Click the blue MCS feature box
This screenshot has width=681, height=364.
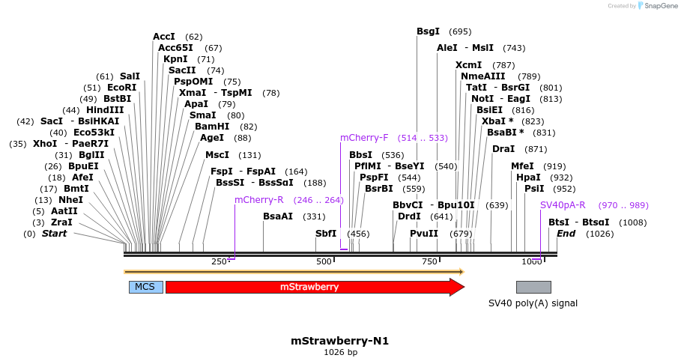(x=145, y=287)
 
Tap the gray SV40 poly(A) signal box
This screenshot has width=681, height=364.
(x=533, y=287)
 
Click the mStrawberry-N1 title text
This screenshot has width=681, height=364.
(x=340, y=341)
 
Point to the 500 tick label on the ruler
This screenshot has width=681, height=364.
(x=324, y=261)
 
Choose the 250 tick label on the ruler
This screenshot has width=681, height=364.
(x=219, y=261)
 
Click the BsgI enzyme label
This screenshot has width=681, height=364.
(x=429, y=31)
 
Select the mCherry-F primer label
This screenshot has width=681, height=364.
(x=364, y=138)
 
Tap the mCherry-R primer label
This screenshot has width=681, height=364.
(x=258, y=200)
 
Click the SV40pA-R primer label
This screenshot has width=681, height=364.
(x=563, y=204)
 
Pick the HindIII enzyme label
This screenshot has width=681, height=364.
(x=105, y=110)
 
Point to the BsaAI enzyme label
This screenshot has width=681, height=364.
(x=278, y=216)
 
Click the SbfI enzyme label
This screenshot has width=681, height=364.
(x=326, y=234)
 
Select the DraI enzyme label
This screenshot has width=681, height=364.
(x=503, y=149)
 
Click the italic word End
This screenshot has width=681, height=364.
(x=566, y=234)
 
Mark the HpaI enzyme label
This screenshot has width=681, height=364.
(x=528, y=178)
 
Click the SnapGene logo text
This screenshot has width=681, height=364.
(x=659, y=6)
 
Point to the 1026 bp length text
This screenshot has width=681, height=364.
(x=340, y=352)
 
